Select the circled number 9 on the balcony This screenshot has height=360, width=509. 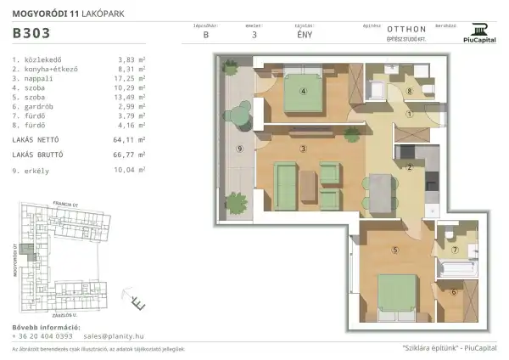coord(241,149)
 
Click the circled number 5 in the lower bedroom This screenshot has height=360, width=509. coord(395,250)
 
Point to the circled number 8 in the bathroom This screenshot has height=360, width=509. coord(408,91)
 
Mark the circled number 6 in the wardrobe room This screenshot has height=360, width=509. coord(454,293)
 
